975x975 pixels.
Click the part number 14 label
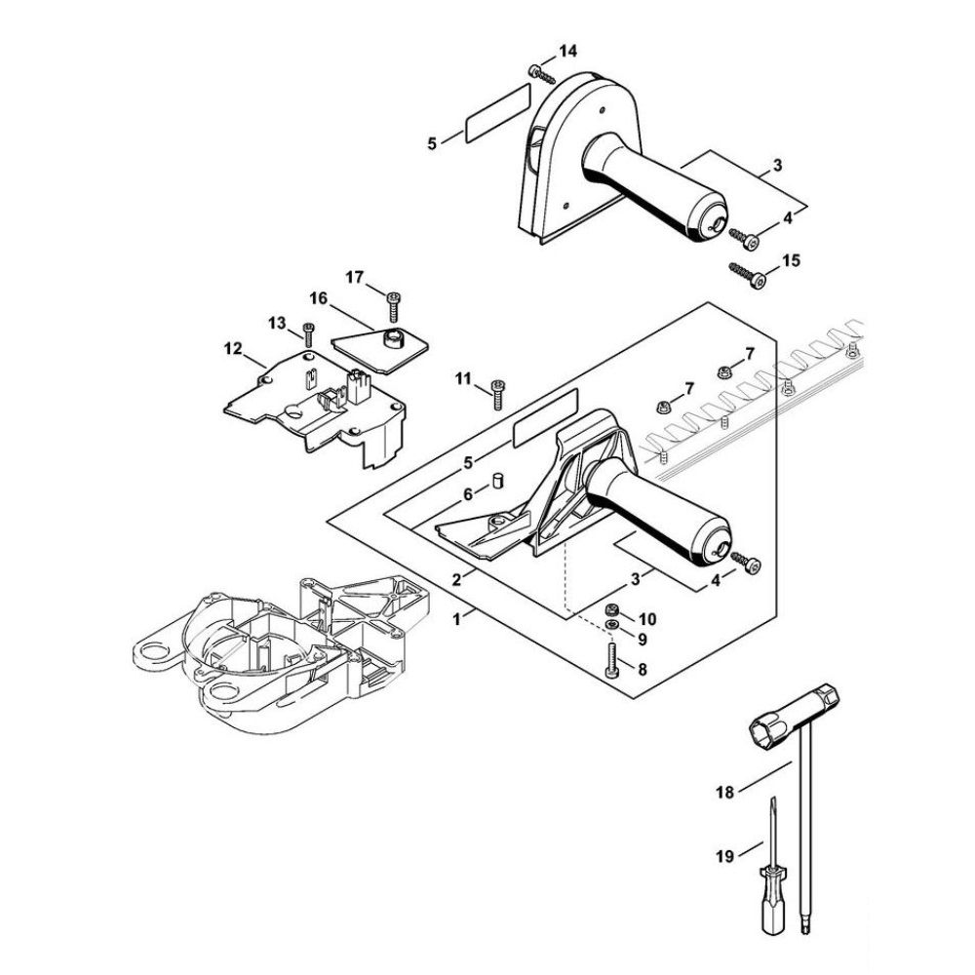click(567, 50)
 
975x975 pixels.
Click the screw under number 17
click(394, 306)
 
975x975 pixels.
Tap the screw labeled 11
click(496, 394)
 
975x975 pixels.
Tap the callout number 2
click(455, 577)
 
